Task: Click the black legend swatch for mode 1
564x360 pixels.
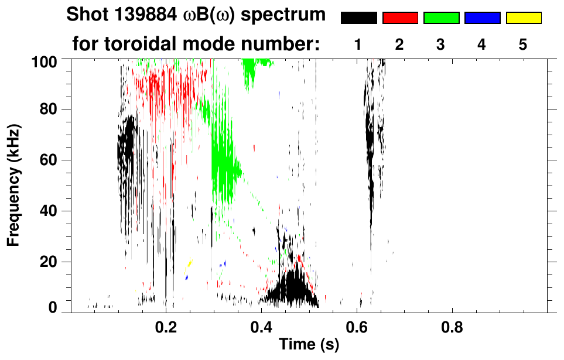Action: click(358, 18)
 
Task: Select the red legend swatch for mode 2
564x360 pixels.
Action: click(400, 18)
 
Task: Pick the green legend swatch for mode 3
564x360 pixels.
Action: click(441, 18)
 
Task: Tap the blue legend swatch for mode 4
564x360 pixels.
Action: click(482, 18)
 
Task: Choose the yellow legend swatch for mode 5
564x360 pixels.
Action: click(524, 18)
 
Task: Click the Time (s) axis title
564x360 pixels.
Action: click(308, 345)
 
